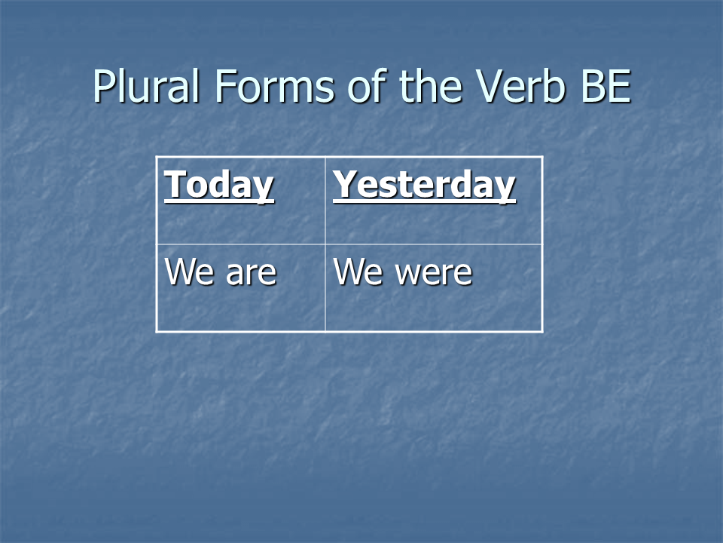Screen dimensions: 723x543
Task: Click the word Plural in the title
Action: [x=146, y=86]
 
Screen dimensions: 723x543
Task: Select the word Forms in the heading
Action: [x=274, y=86]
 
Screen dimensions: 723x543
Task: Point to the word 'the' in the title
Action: [x=430, y=85]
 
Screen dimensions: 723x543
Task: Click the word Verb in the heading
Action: [x=520, y=85]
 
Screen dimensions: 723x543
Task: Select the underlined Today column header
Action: [x=219, y=186]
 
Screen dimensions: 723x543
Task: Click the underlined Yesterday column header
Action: [x=424, y=186]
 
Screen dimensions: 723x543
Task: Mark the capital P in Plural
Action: [x=104, y=86]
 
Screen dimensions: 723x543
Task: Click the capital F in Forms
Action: [x=225, y=86]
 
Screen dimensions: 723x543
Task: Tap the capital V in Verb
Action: [x=490, y=86]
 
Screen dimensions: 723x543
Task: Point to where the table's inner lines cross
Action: [x=325, y=244]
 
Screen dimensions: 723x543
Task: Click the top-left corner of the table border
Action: [x=157, y=158]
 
